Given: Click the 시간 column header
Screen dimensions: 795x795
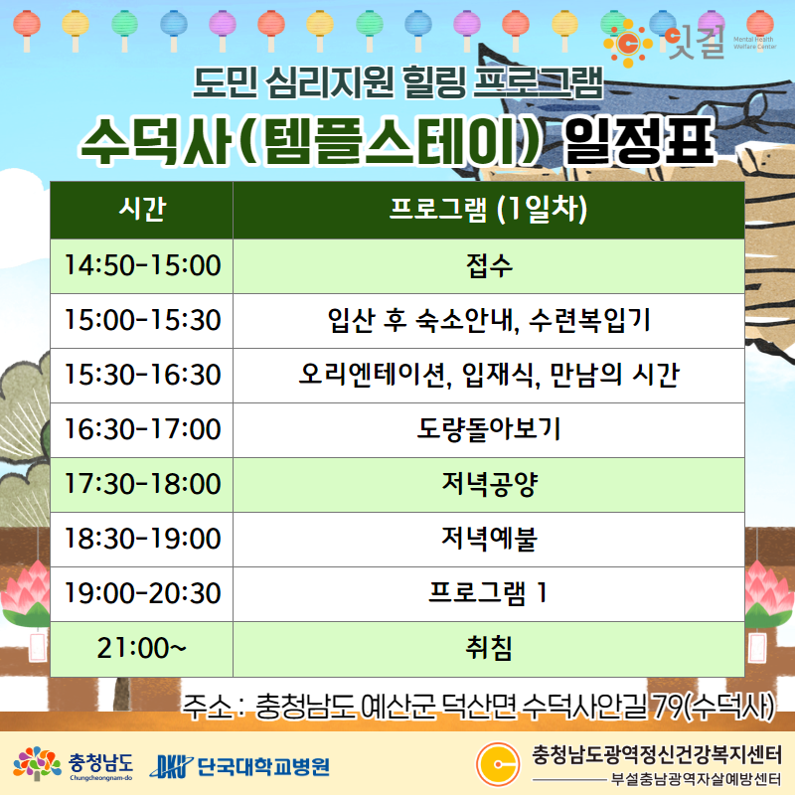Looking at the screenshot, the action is [142, 210].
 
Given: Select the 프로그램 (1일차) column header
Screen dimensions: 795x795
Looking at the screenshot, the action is [488, 210].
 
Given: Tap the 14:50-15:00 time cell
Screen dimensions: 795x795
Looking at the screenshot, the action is [142, 265].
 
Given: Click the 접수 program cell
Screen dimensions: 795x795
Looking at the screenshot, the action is [488, 265].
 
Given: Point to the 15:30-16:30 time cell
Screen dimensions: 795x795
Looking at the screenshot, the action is [142, 376].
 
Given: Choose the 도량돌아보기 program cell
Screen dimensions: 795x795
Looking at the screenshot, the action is [488, 430].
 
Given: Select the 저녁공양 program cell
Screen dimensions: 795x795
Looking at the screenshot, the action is [488, 485].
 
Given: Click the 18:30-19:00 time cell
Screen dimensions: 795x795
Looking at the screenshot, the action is [142, 540].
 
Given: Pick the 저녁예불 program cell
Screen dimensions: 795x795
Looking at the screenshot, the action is [488, 540].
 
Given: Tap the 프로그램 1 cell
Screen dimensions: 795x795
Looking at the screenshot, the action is [488, 594].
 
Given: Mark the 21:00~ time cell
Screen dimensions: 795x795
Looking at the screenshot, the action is [142, 649].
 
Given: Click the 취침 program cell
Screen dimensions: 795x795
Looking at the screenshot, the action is [488, 649].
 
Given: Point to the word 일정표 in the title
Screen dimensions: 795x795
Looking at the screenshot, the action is [639, 140].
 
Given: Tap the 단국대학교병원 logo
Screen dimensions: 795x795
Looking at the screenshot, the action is [240, 766].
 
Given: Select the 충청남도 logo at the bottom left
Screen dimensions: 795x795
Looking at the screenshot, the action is [73, 764].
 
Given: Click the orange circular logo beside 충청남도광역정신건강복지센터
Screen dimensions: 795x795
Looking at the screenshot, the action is [498, 764].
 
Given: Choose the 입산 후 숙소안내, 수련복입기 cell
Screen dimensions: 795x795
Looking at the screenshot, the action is [488, 320].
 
